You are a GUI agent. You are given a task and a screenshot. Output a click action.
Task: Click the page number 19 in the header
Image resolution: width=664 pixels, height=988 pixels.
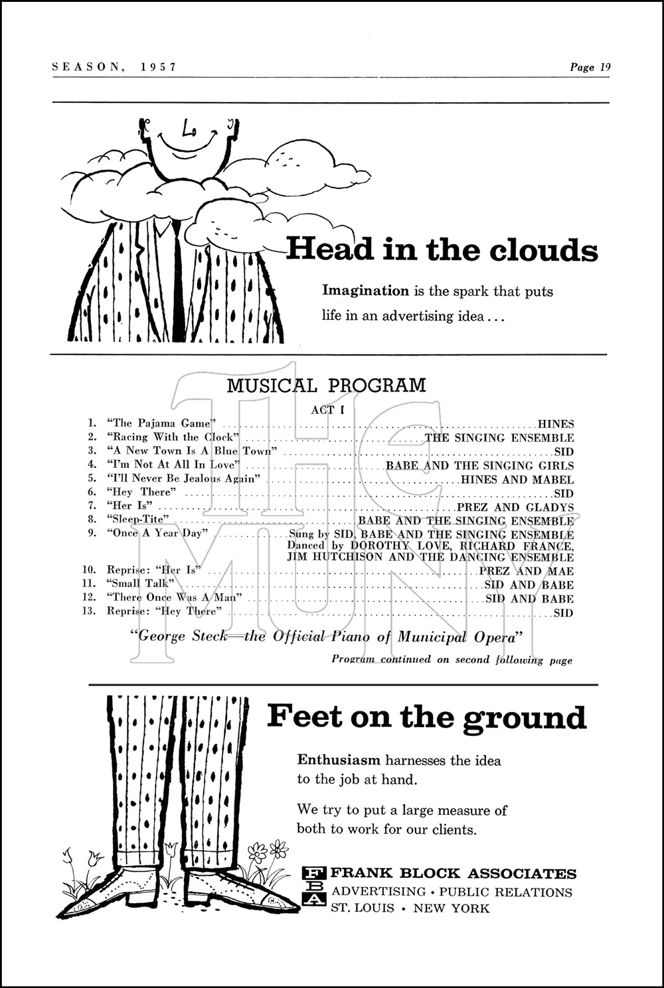(x=604, y=67)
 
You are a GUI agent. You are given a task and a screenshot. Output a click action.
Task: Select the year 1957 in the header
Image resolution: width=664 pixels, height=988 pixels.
(x=158, y=67)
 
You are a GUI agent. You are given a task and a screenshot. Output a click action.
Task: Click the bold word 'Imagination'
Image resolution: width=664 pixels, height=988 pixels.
(x=365, y=291)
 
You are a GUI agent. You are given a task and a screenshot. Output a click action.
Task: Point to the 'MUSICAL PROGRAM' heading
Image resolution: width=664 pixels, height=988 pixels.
(x=326, y=385)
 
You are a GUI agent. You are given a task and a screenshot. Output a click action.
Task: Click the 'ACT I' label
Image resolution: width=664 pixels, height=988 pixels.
(x=328, y=410)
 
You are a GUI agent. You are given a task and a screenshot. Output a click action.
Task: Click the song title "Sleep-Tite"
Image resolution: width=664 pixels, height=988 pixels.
(x=138, y=520)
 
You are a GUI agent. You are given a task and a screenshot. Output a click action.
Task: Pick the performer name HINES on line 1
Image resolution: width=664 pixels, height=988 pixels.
(x=556, y=424)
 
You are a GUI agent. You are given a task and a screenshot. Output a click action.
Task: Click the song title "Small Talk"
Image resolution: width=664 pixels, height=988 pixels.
(x=140, y=584)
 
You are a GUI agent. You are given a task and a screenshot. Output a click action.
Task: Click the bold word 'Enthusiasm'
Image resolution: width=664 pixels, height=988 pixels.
(x=339, y=760)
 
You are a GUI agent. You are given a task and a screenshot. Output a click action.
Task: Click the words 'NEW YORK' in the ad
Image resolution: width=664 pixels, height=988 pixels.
(x=451, y=908)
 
